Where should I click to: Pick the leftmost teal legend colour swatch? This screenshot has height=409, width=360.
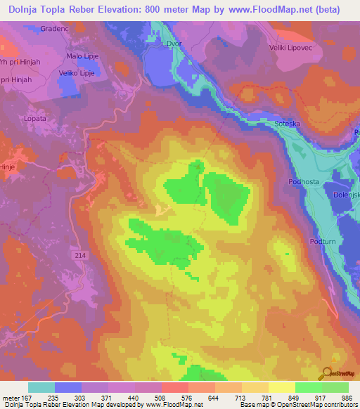pos(41,387)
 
